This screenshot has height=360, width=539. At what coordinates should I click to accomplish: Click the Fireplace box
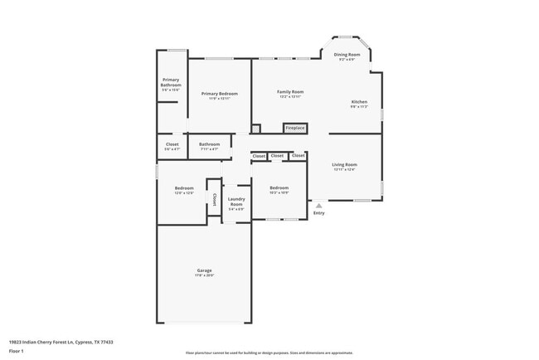[x=295, y=128]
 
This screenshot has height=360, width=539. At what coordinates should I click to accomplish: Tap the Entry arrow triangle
[x=318, y=205]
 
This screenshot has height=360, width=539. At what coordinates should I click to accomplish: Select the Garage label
[x=204, y=270]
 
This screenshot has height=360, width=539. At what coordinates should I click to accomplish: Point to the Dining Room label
[x=347, y=55]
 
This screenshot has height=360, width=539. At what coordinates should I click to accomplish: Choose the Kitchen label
[x=358, y=102]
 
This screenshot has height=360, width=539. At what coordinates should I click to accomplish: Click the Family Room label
[x=290, y=91]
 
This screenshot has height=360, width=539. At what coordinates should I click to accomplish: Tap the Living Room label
[x=344, y=165]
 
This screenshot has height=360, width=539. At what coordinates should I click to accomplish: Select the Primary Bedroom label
[x=219, y=94]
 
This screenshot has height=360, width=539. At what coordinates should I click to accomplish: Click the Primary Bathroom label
[x=172, y=82]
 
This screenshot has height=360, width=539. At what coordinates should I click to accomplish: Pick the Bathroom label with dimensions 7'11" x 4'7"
[x=209, y=144]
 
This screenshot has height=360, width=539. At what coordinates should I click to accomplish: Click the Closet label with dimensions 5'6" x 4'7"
[x=172, y=144]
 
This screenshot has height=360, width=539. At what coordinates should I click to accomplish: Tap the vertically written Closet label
[x=214, y=198]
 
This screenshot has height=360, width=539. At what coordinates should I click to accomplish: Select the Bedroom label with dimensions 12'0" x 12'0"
[x=184, y=188]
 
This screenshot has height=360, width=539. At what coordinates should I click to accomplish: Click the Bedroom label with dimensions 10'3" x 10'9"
[x=279, y=188]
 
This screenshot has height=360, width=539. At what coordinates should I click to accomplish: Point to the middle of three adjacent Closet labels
[x=278, y=155]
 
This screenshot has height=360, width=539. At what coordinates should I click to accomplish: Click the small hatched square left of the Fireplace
[x=256, y=129]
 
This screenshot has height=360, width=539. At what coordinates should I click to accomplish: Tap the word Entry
[x=318, y=213]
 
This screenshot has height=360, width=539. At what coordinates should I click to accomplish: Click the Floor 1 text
[x=17, y=351]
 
